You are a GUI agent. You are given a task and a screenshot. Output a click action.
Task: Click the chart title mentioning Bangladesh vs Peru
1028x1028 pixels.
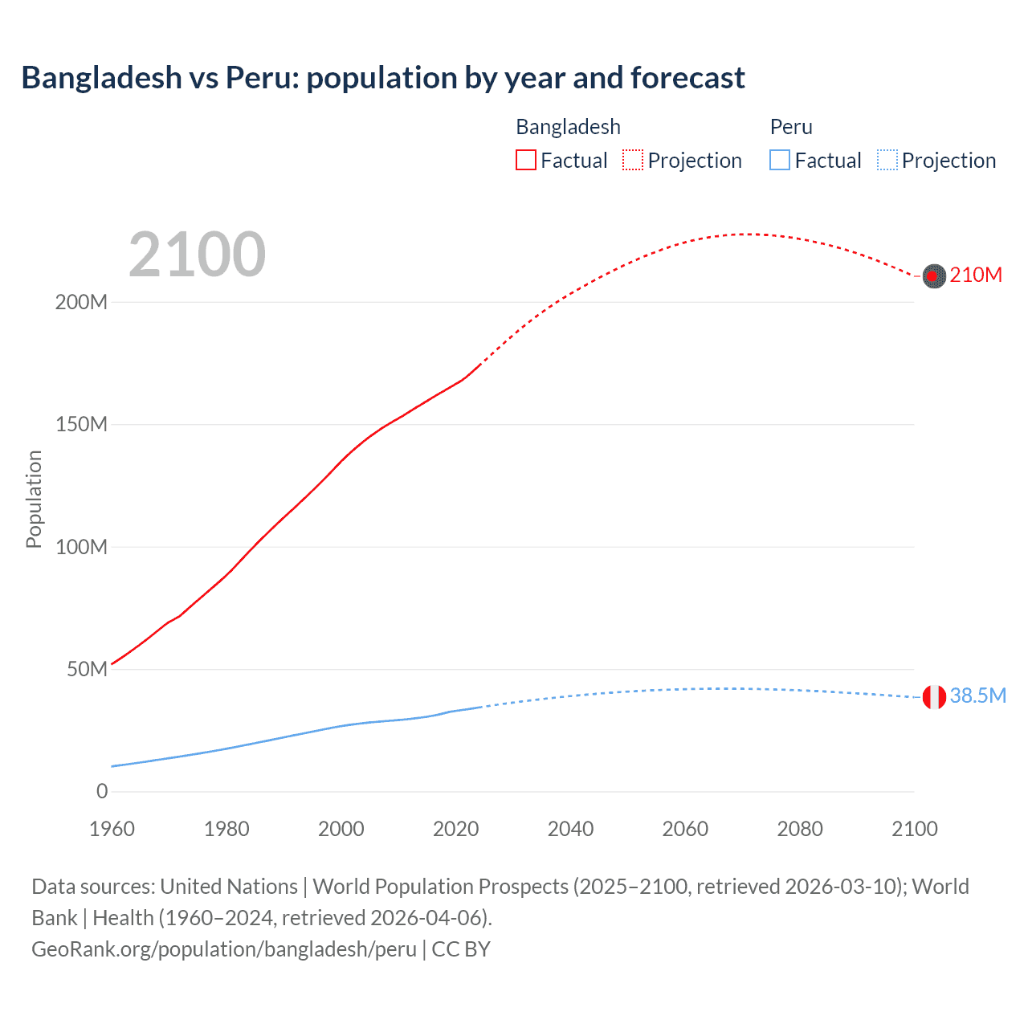tap(383, 78)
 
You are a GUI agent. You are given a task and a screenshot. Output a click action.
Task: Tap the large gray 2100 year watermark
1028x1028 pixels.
tap(197, 255)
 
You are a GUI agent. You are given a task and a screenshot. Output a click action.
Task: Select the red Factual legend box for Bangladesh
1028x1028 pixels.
tap(526, 161)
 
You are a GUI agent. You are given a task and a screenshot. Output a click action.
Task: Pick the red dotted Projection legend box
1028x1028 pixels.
tap(633, 161)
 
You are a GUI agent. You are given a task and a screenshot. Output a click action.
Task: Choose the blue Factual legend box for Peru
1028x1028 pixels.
tap(780, 161)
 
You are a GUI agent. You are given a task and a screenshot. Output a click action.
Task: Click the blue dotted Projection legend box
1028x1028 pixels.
tap(887, 161)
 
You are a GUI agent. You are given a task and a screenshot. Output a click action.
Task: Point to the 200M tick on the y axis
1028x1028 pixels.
tap(81, 303)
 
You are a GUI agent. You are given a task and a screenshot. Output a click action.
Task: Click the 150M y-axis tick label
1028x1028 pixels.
tap(81, 425)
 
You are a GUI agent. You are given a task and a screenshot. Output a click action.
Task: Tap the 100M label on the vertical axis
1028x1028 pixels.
tap(81, 547)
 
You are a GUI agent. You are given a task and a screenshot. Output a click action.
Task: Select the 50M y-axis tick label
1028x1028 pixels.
tap(87, 669)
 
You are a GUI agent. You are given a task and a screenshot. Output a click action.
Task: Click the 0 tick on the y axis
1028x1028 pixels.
tap(102, 791)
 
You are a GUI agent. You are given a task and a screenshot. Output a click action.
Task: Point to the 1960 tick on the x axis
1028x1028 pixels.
tap(112, 829)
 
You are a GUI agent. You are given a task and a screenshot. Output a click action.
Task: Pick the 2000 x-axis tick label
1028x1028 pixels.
tap(341, 829)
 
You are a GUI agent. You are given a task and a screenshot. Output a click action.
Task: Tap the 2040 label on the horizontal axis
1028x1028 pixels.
tap(570, 829)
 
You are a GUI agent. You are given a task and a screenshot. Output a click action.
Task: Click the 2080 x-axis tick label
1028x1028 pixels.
tap(800, 829)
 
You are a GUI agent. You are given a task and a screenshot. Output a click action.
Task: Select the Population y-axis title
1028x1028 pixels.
tap(34, 499)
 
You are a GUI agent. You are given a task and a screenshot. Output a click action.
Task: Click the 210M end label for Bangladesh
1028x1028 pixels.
tap(976, 275)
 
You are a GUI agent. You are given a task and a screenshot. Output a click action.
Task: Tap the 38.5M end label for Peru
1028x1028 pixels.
tap(977, 696)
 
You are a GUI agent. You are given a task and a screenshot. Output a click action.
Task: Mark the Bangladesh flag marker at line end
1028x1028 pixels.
tap(934, 276)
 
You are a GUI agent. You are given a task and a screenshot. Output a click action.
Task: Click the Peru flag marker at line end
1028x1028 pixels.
tap(934, 697)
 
